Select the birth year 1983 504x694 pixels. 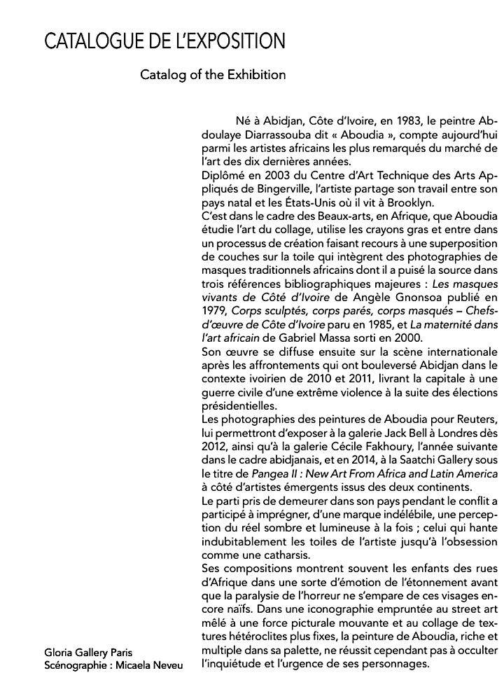[393, 120]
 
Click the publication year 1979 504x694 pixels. [213, 313]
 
